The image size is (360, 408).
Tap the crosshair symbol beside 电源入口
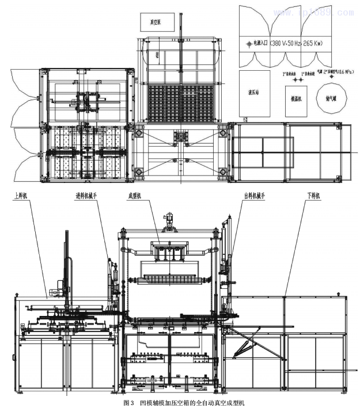pyautogui.click(x=250, y=43)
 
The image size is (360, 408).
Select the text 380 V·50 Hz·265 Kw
pyautogui.click(x=295, y=43)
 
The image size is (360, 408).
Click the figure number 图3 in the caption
pyautogui.click(x=130, y=403)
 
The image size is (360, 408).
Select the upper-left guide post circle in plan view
pyautogui.click(x=139, y=134)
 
